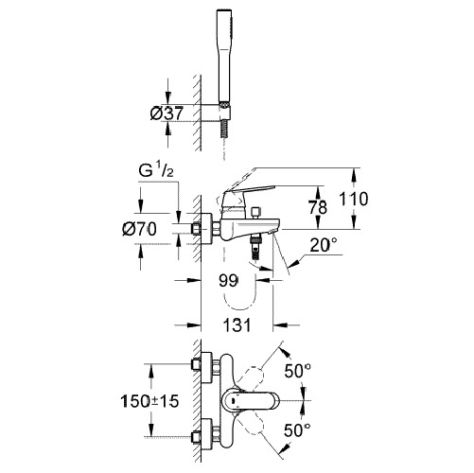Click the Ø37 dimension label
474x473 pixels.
point(167,114)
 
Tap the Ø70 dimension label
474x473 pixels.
point(139,229)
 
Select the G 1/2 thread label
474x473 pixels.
point(156,171)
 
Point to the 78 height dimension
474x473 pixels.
point(318,207)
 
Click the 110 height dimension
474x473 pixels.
point(353,199)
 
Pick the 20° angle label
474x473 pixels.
point(324,245)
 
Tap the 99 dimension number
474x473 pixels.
point(228,280)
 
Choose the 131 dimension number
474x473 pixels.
point(237,324)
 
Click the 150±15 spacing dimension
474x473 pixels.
point(149,401)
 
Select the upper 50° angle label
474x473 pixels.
point(297,371)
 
